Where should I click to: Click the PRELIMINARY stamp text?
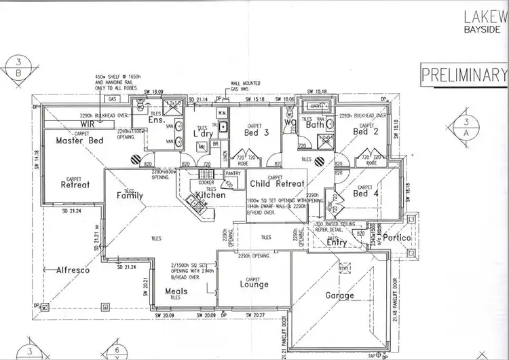[x=464, y=74]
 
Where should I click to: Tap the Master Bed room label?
[x=79, y=141]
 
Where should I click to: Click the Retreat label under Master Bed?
[x=75, y=184]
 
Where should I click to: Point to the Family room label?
[x=130, y=196]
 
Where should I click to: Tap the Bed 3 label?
[x=257, y=133]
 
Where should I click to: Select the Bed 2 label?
[x=366, y=132]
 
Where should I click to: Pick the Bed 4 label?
[x=364, y=194]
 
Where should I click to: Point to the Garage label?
[x=339, y=295]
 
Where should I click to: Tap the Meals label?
[x=176, y=291]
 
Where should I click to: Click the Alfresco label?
[x=73, y=270]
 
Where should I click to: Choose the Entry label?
[x=337, y=242]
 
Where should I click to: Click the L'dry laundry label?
[x=204, y=134]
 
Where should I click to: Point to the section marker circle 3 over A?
[x=466, y=128]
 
